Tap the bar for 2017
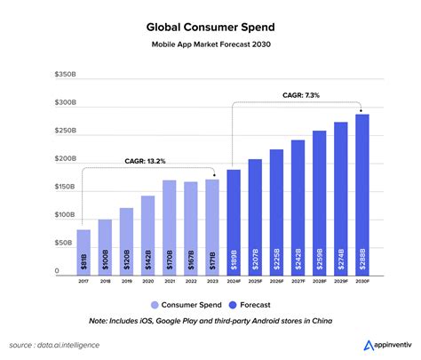coord(83,252)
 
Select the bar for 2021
coord(169,228)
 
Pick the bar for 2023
coord(211,228)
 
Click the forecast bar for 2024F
coord(234,222)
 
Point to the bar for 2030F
coord(362,196)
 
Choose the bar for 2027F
coord(298,208)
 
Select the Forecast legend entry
coord(254,304)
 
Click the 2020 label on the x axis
coord(147,282)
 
